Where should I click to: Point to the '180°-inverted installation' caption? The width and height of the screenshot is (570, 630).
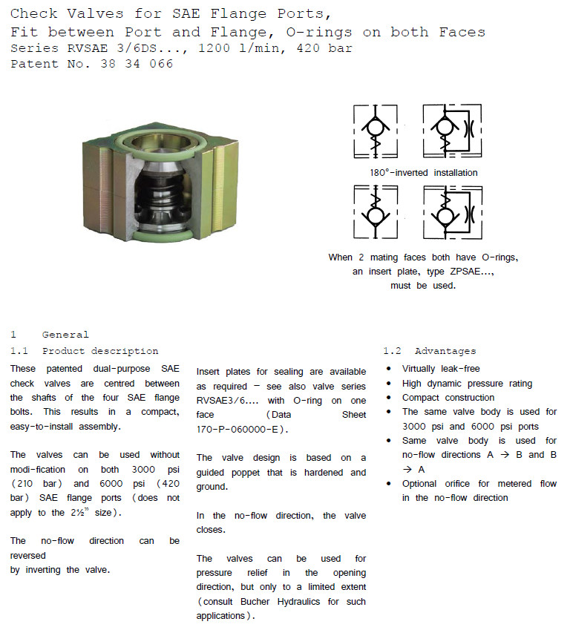[424, 173]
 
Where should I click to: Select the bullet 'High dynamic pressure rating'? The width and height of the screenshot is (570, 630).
[467, 384]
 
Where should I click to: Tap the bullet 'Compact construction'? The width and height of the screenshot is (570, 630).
[448, 398]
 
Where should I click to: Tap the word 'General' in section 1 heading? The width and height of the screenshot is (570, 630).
[65, 335]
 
